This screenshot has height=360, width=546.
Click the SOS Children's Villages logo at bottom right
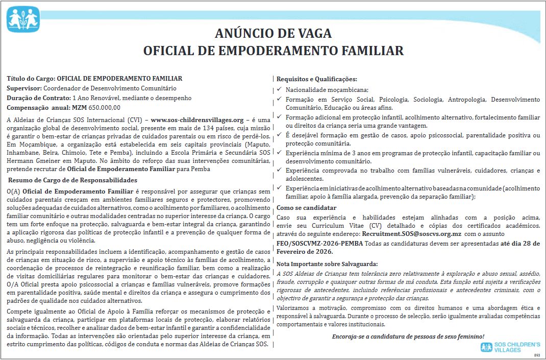(510, 347)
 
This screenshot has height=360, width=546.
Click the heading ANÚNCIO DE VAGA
(273, 34)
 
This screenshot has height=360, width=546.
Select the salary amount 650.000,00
(104, 107)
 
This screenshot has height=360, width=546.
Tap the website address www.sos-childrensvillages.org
(197, 120)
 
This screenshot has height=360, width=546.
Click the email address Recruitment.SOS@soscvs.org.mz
(412, 233)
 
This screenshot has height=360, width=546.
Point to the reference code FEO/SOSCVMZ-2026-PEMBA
(320, 243)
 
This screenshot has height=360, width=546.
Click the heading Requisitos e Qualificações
(317, 79)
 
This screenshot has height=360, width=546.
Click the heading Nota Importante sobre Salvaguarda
(327, 263)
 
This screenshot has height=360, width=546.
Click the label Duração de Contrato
(39, 98)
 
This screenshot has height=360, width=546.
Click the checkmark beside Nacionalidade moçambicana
(279, 90)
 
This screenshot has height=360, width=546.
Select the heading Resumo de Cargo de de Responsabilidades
(73, 180)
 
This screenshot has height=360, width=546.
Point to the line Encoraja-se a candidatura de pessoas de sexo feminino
(408, 337)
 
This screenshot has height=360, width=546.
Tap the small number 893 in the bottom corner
(536, 354)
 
